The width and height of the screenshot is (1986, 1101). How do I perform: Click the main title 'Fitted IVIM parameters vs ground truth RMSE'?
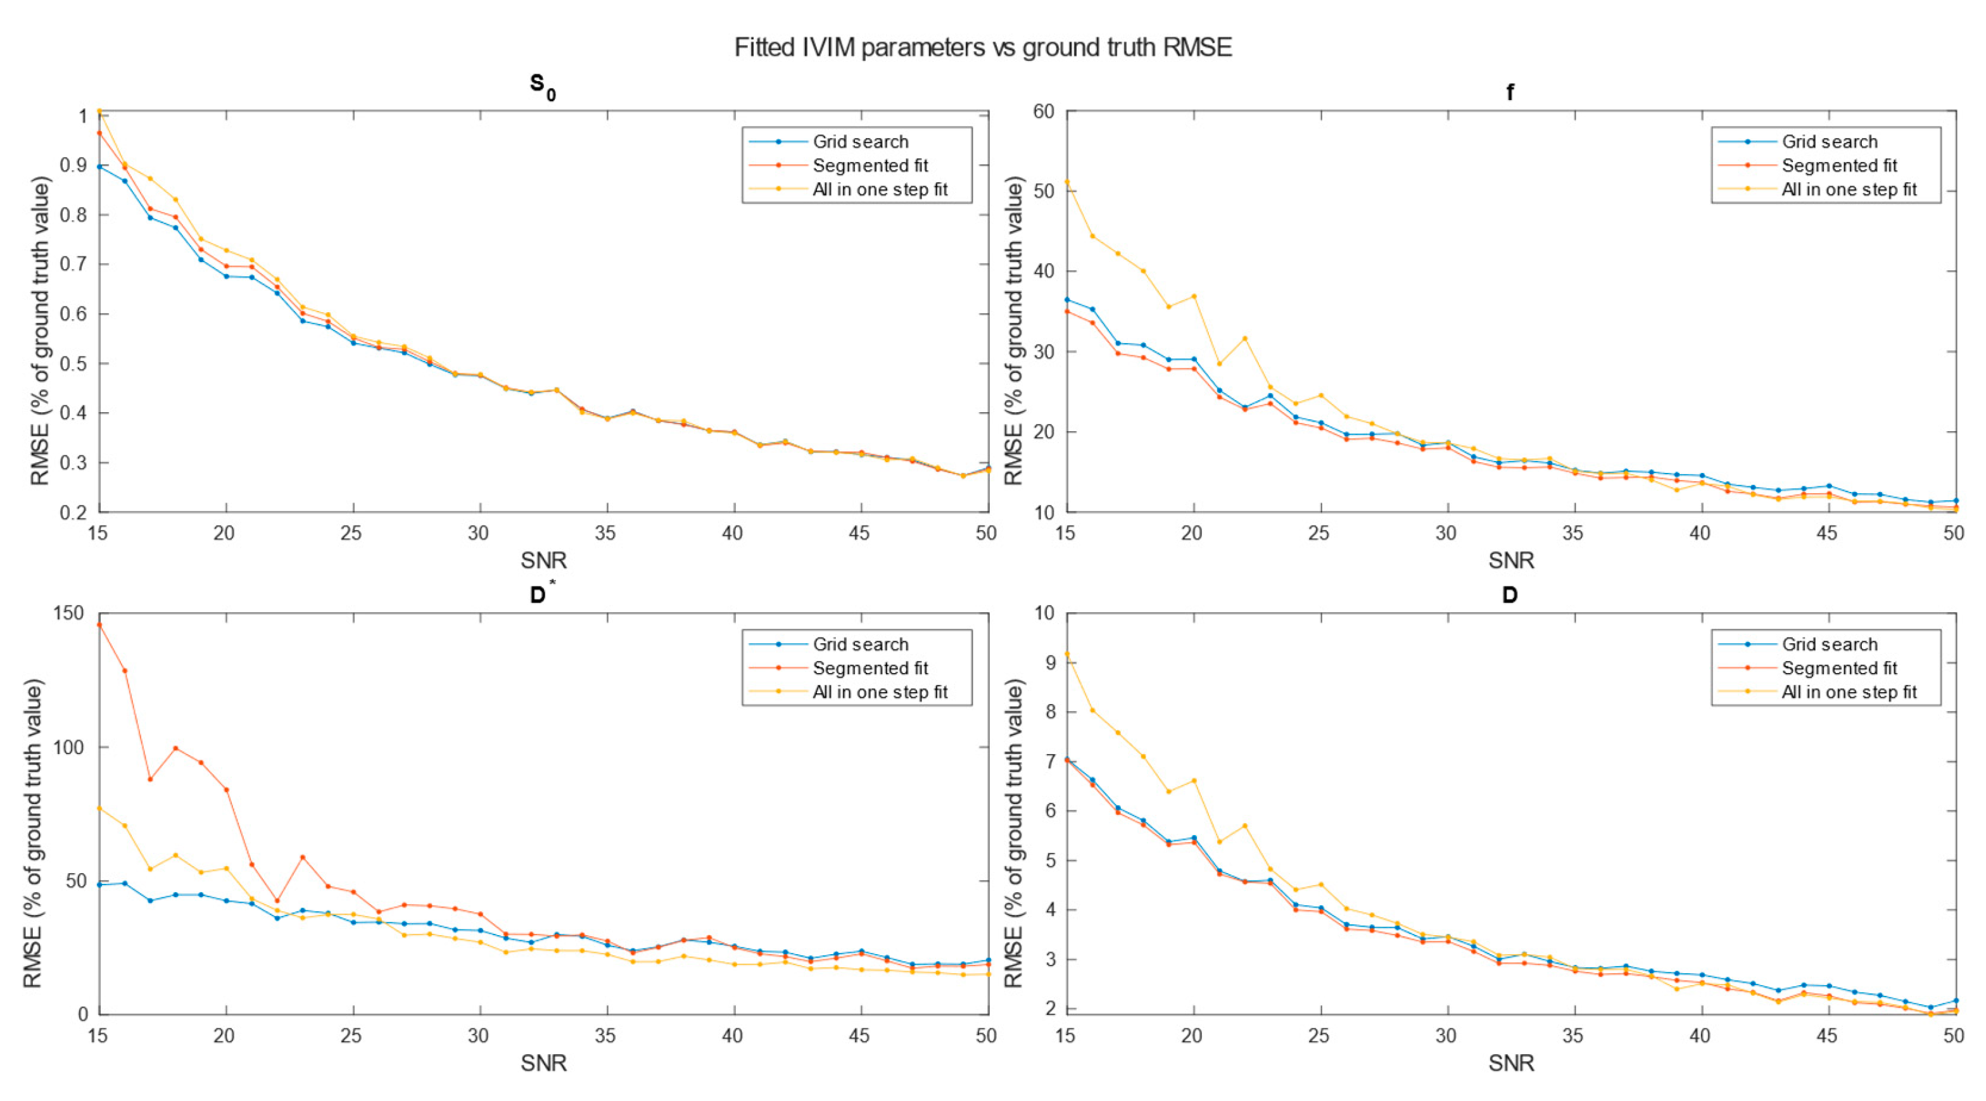(x=982, y=48)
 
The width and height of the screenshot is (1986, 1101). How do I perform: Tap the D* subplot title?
(x=542, y=595)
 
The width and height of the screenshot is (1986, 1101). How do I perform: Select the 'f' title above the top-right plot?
(x=1510, y=92)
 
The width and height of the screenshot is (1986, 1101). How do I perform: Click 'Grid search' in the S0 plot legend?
(x=861, y=142)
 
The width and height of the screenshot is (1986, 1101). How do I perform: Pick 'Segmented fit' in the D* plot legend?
(x=870, y=669)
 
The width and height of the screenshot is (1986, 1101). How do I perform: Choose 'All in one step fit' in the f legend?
(x=1848, y=190)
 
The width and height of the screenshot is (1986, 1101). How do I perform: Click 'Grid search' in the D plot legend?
(x=1829, y=645)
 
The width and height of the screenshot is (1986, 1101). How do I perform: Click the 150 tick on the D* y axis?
(x=68, y=613)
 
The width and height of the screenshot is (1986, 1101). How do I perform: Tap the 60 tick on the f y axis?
(x=1043, y=112)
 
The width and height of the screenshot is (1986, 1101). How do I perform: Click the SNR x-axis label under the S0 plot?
(x=543, y=560)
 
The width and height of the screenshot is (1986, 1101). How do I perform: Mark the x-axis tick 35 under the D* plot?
(x=605, y=1035)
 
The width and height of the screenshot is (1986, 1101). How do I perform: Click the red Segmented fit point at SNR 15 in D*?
(x=99, y=624)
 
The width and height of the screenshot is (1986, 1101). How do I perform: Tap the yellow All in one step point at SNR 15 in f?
(x=1067, y=182)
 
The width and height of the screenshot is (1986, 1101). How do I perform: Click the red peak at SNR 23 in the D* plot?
(x=302, y=857)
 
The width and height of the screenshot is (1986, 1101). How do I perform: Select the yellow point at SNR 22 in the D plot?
(x=1244, y=826)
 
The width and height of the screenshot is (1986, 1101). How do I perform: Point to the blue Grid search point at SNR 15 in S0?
(x=99, y=167)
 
